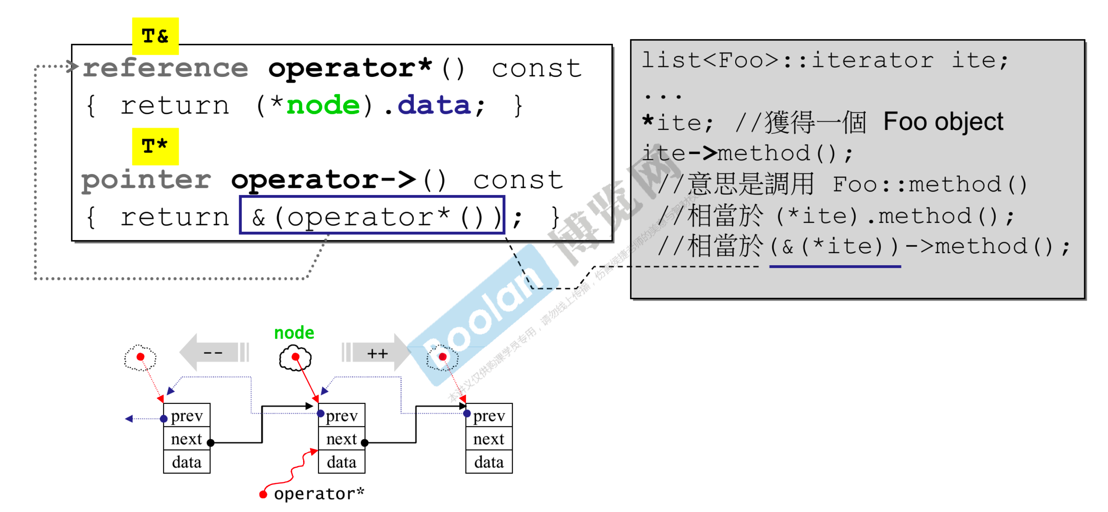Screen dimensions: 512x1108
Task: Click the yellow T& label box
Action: click(155, 36)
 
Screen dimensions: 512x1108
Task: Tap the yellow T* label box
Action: click(155, 146)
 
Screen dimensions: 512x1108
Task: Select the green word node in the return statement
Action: click(323, 105)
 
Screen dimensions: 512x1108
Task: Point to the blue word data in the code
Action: click(435, 105)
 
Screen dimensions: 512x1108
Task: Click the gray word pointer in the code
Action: click(146, 180)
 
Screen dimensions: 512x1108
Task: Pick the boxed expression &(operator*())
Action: click(372, 215)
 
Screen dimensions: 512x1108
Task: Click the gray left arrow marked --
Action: click(213, 353)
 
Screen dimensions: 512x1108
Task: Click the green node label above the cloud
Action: click(294, 332)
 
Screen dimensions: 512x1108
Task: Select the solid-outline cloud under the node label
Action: click(295, 358)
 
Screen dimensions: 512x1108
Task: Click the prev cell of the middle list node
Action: click(342, 416)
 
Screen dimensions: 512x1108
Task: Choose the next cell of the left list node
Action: click(187, 439)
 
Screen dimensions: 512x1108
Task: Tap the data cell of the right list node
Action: click(488, 462)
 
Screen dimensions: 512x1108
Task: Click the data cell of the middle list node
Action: click(342, 462)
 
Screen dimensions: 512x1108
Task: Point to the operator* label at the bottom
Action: click(319, 494)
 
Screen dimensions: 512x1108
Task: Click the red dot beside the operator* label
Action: click(263, 495)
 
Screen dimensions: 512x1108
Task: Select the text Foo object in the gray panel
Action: click(943, 122)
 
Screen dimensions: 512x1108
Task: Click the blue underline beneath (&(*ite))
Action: click(835, 267)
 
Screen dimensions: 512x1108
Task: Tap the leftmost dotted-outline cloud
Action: click(140, 357)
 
